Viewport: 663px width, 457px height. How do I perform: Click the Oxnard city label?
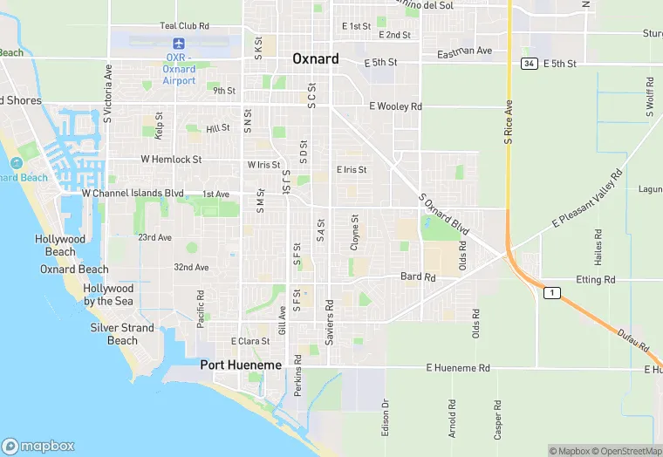[314, 59]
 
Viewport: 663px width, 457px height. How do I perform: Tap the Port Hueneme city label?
[241, 365]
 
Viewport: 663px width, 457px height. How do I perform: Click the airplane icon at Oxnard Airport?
[180, 44]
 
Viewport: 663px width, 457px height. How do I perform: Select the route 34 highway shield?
[529, 64]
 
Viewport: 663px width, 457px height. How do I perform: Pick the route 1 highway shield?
[550, 293]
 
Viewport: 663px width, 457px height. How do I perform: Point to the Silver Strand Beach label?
[122, 334]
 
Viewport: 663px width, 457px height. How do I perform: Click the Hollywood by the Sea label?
[109, 295]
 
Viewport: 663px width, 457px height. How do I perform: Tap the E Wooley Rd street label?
[395, 106]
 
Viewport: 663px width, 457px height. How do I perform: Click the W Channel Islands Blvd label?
[133, 193]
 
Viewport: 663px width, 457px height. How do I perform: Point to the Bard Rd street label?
[417, 276]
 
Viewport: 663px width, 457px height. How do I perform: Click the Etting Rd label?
[596, 280]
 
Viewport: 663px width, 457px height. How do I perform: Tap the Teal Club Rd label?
[185, 26]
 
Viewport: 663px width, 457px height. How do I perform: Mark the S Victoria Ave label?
[108, 92]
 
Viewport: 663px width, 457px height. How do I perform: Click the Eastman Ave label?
[466, 51]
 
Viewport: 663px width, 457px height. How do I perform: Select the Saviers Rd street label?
[330, 323]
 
